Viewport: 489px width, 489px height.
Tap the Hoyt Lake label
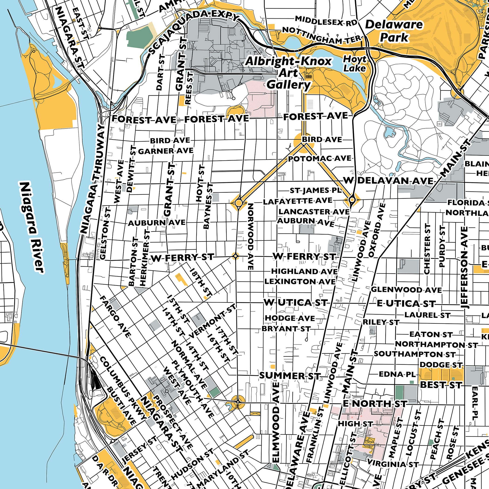(355, 64)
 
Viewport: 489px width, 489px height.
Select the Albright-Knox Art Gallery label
(288, 73)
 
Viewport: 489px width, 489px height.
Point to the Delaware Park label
(394, 31)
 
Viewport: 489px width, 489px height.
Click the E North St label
(375, 404)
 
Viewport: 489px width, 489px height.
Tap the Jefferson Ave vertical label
(465, 267)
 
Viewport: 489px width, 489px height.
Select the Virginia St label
(392, 464)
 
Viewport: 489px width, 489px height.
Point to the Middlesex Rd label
(326, 20)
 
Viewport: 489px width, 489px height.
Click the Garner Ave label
(166, 151)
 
